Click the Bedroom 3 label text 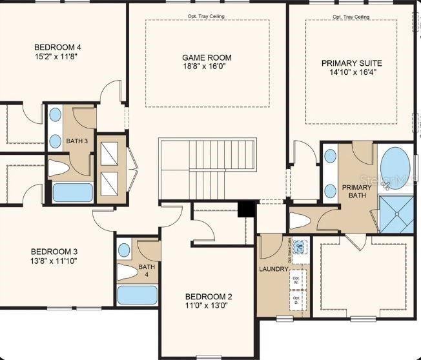pyautogui.click(x=54, y=257)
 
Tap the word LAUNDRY pyautogui.click(x=273, y=269)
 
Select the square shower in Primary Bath pyautogui.click(x=396, y=213)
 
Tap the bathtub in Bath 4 pyautogui.click(x=137, y=295)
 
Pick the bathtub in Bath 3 pyautogui.click(x=72, y=192)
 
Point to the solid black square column pyautogui.click(x=246, y=208)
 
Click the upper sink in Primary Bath pyautogui.click(x=331, y=156)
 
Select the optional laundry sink pyautogui.click(x=300, y=246)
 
